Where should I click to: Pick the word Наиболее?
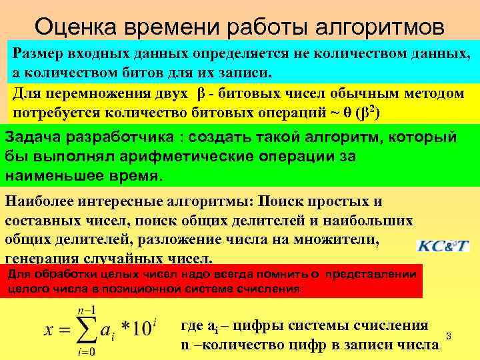click(38, 201)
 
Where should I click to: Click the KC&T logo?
click(443, 245)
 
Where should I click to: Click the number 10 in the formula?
click(141, 330)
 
